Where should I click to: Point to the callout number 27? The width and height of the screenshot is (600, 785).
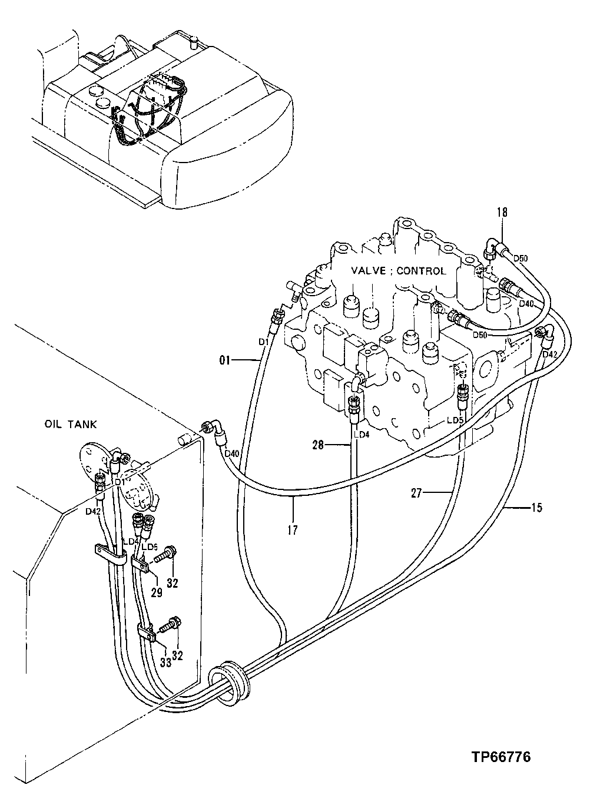pos(416,493)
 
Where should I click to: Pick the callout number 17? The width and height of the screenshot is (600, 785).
pos(293,530)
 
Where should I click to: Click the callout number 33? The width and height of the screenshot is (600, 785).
pos(165,662)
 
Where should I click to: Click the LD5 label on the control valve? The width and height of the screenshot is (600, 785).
pos(453,420)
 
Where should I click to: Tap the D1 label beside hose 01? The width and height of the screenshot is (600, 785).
pos(264,341)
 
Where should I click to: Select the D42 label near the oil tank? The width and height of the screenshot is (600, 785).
pos(92,511)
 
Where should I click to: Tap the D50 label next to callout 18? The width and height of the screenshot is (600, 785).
pos(521,258)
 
